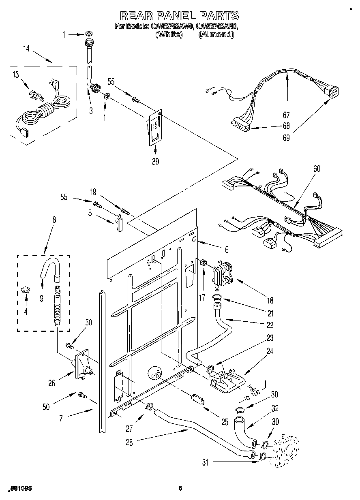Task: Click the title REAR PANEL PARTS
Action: (180, 16)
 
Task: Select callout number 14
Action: (26, 49)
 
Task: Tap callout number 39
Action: (155, 161)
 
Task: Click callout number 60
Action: (317, 169)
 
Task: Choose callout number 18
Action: (270, 300)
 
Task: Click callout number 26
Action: (52, 382)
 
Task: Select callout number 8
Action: (54, 221)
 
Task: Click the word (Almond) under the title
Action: (216, 35)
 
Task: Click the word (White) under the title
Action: (169, 35)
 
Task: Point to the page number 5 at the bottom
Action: (180, 488)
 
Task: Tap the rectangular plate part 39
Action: (154, 128)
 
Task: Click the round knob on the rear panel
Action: (154, 374)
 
